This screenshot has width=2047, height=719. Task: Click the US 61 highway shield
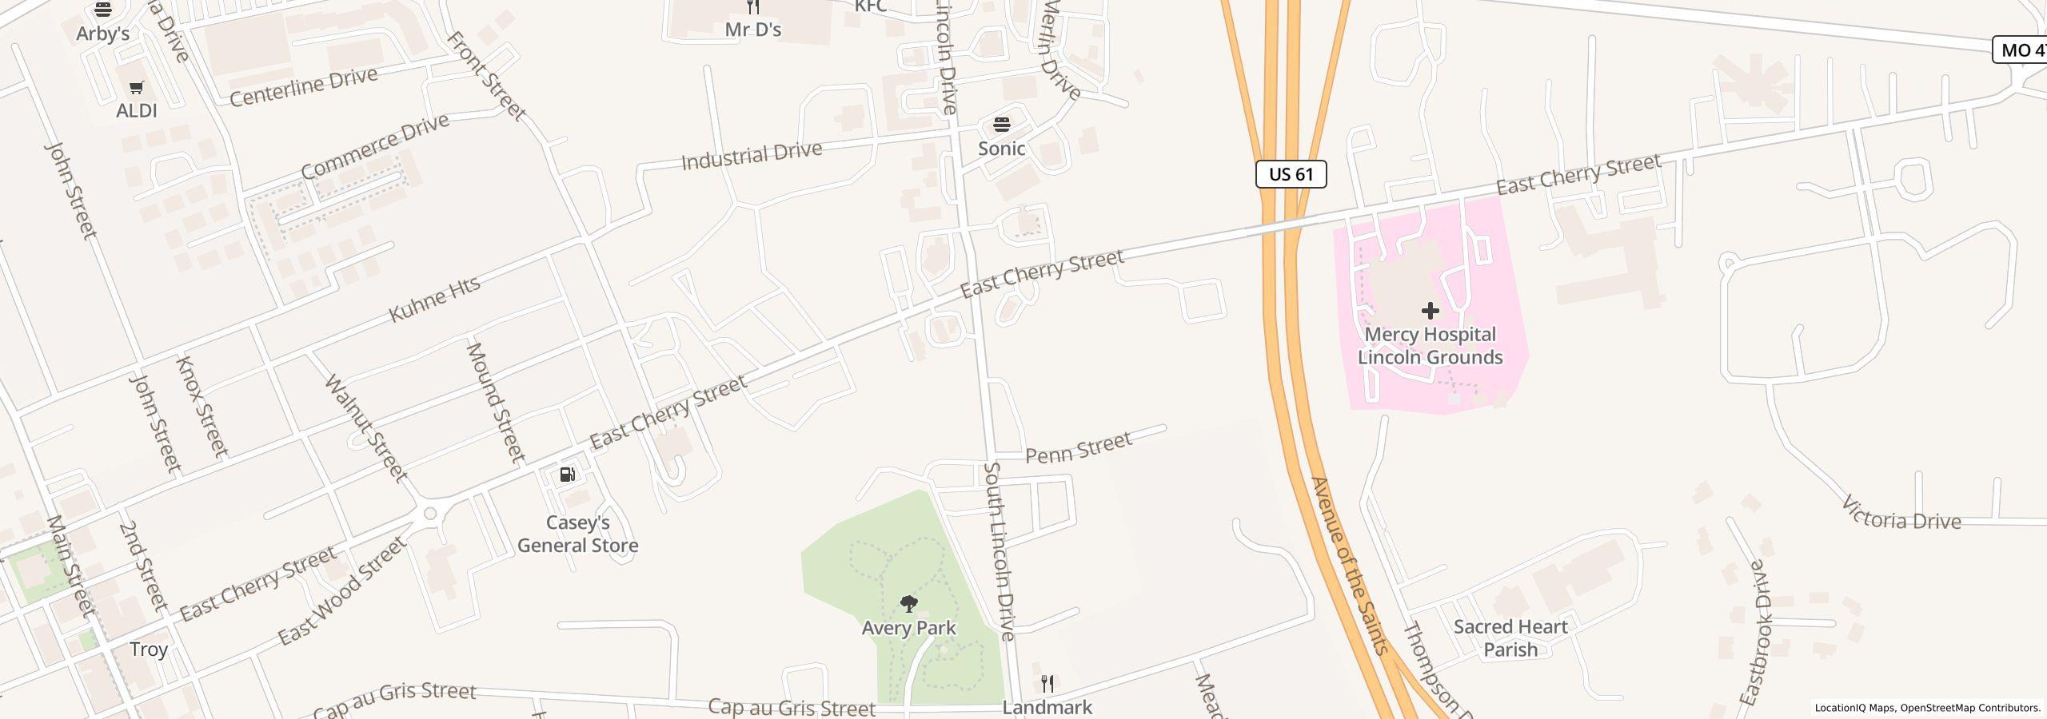point(1291,174)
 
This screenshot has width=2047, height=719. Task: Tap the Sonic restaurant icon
point(1001,125)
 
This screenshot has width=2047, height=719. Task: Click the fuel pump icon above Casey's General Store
point(567,475)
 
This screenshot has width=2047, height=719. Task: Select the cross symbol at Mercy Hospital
point(1430,310)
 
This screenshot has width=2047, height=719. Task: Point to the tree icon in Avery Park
point(908,603)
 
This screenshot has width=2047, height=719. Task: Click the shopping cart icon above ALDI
point(136,87)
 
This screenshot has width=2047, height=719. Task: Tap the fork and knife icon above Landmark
point(1047,684)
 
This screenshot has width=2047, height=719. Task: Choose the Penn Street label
point(1079,447)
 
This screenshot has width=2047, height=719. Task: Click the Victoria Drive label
point(1900,514)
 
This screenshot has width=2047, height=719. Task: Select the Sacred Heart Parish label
point(1510,638)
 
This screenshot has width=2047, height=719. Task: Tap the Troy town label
point(149,649)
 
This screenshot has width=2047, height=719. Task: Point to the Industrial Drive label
point(751,155)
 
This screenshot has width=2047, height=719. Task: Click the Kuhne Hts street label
point(434,299)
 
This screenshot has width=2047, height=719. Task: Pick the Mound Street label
point(495,403)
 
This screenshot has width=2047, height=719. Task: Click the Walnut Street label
point(366,428)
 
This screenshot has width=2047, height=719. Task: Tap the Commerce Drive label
point(375,146)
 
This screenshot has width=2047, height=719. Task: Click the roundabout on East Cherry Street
point(431,514)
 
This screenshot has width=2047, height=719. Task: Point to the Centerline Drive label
point(303,86)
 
